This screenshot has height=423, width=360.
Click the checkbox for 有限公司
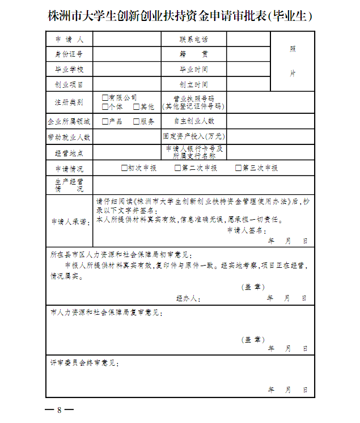(105, 97)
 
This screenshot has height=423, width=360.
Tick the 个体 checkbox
(105, 106)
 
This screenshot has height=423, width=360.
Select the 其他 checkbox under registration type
(137, 106)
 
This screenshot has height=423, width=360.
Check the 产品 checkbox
(105, 121)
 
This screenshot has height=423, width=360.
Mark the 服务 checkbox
(137, 121)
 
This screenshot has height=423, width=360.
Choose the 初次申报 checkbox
(124, 168)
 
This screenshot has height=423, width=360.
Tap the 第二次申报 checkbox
(178, 168)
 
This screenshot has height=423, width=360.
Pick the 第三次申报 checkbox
(239, 168)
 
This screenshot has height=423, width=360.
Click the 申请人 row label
(69, 40)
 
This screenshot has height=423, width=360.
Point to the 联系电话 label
(193, 40)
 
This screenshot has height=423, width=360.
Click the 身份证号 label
(69, 54)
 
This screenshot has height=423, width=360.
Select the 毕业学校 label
(69, 70)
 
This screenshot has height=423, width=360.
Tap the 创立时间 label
(193, 85)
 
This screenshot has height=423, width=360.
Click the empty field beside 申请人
(127, 40)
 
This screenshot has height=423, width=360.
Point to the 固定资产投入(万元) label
(193, 136)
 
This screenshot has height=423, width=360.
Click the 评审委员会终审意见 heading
(84, 362)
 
